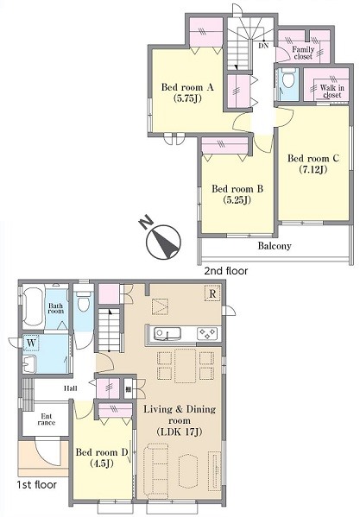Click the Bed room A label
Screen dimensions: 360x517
tap(187, 92)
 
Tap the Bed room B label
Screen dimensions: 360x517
tap(237, 194)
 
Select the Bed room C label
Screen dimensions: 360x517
tap(313, 163)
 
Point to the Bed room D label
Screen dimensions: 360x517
tap(102, 457)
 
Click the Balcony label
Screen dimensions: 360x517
tap(275, 246)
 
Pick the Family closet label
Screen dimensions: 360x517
tap(303, 53)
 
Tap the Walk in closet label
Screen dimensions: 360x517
tap(332, 91)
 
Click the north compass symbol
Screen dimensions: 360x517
tap(161, 238)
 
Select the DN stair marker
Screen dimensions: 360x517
tap(263, 46)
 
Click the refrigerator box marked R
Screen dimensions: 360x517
tap(212, 293)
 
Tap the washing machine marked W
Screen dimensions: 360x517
tap(31, 343)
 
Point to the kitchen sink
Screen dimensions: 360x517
tap(167, 333)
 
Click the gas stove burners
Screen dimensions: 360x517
tap(207, 334)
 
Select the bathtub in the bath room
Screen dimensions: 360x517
tap(34, 306)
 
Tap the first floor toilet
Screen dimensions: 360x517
tap(84, 301)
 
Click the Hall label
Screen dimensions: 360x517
tap(71, 388)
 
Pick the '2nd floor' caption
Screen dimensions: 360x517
tap(226, 271)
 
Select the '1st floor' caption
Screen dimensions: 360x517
tap(36, 485)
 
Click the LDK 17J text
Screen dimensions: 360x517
tap(180, 432)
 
